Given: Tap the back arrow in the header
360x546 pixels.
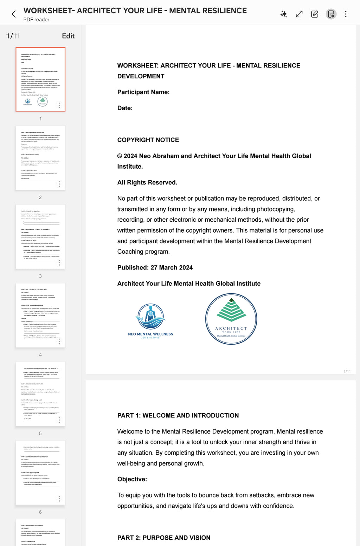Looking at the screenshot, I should coord(14,14).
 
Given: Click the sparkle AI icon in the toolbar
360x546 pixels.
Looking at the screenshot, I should coord(283,14).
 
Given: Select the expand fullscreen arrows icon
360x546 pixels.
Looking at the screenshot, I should coord(299,14).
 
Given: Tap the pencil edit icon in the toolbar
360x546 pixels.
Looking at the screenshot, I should coord(315,14).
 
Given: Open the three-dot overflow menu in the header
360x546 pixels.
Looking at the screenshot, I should coord(346,14).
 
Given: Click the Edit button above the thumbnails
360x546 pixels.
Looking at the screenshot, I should coord(68,36).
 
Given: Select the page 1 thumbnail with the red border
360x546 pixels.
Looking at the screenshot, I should coord(40,79).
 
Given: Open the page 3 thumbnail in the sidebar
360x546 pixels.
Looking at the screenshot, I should coord(40,237).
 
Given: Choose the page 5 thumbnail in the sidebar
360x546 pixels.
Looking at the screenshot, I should coord(40,394).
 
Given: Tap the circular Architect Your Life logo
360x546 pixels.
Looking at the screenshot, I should coord(231,319).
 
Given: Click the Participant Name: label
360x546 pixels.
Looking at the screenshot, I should coord(143,92).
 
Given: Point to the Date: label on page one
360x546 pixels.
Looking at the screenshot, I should coord(125,108).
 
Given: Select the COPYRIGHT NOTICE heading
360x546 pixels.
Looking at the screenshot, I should coord(148,140).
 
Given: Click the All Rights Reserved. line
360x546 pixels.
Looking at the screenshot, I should coord(147,182).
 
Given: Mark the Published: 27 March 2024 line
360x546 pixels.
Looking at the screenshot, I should coord(155,267).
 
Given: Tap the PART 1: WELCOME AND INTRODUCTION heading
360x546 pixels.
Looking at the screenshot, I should coord(178,415).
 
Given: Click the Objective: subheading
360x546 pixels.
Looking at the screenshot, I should coord(132,479).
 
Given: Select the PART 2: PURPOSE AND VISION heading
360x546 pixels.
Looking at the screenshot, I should coord(164,538).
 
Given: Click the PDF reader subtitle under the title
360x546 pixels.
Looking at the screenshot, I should coord(36,20).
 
